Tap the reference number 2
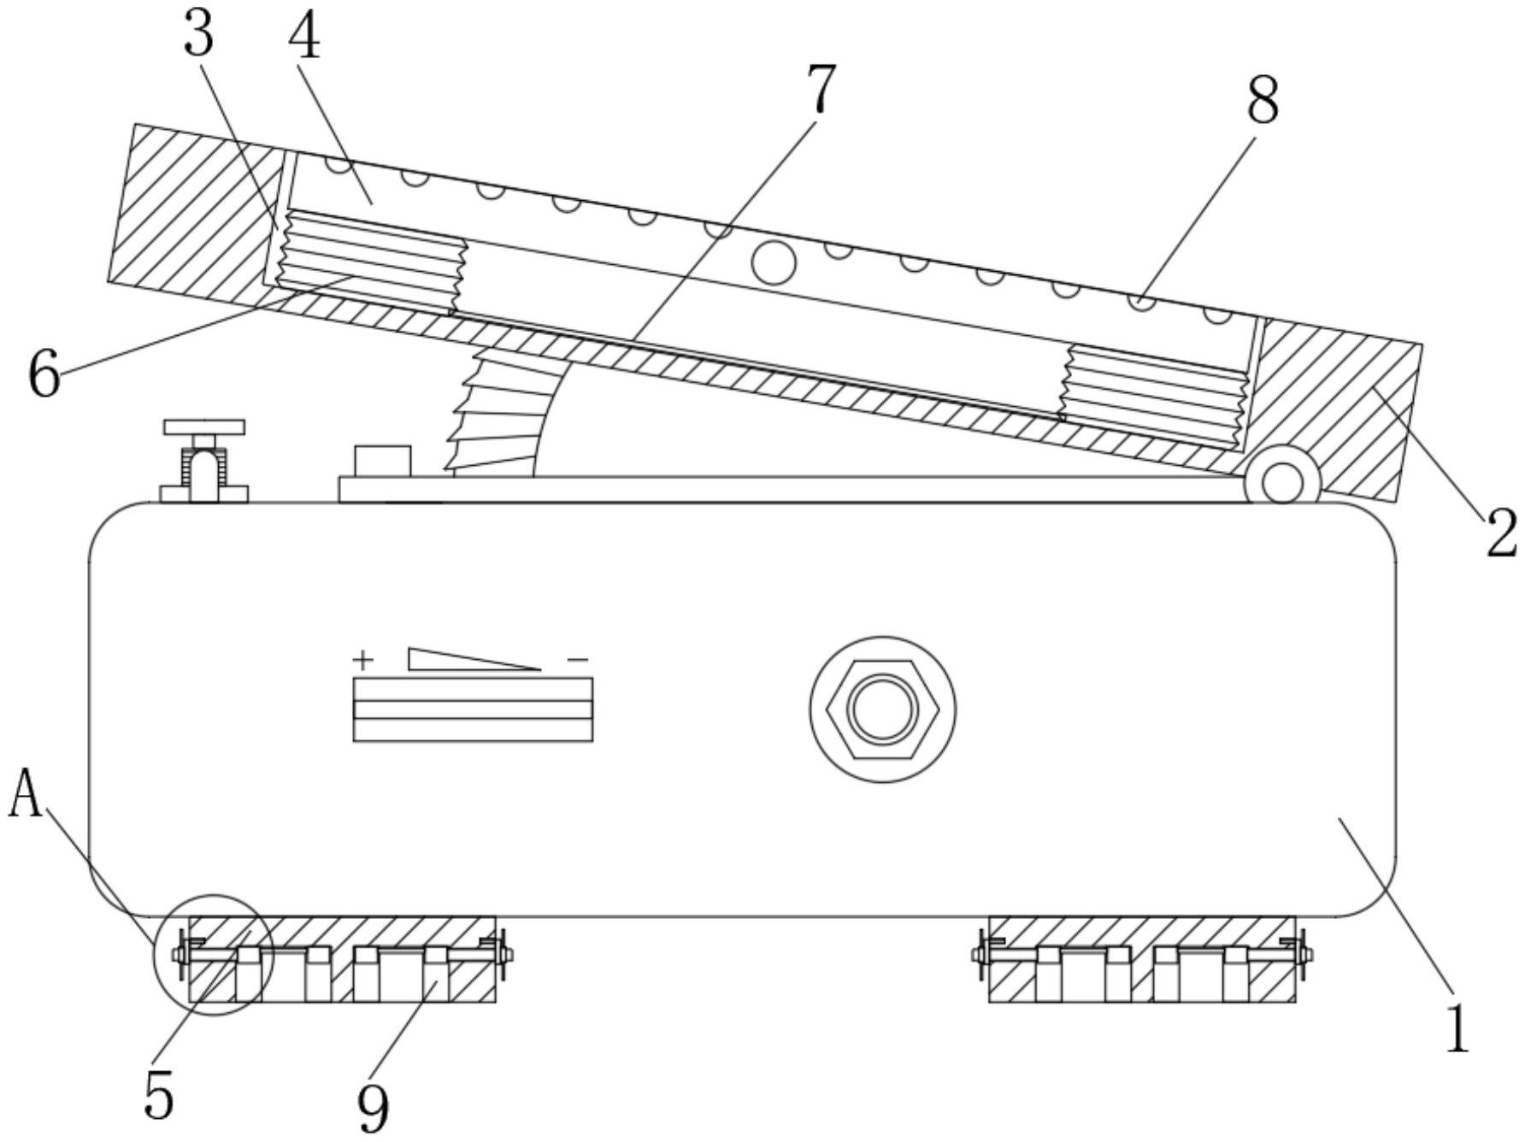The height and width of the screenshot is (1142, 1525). (1500, 534)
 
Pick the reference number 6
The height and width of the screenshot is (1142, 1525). (44, 374)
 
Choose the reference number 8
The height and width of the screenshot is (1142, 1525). (1262, 100)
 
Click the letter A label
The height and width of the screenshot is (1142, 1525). (26, 793)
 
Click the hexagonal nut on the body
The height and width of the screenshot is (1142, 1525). (883, 709)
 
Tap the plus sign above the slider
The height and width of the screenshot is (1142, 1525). (363, 660)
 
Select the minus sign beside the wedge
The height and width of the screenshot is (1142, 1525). (578, 659)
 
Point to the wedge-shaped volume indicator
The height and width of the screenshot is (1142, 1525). (462, 660)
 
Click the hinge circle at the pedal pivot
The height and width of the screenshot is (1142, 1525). (1282, 483)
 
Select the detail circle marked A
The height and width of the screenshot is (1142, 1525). (213, 955)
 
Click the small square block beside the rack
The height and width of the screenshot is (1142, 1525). (382, 462)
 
